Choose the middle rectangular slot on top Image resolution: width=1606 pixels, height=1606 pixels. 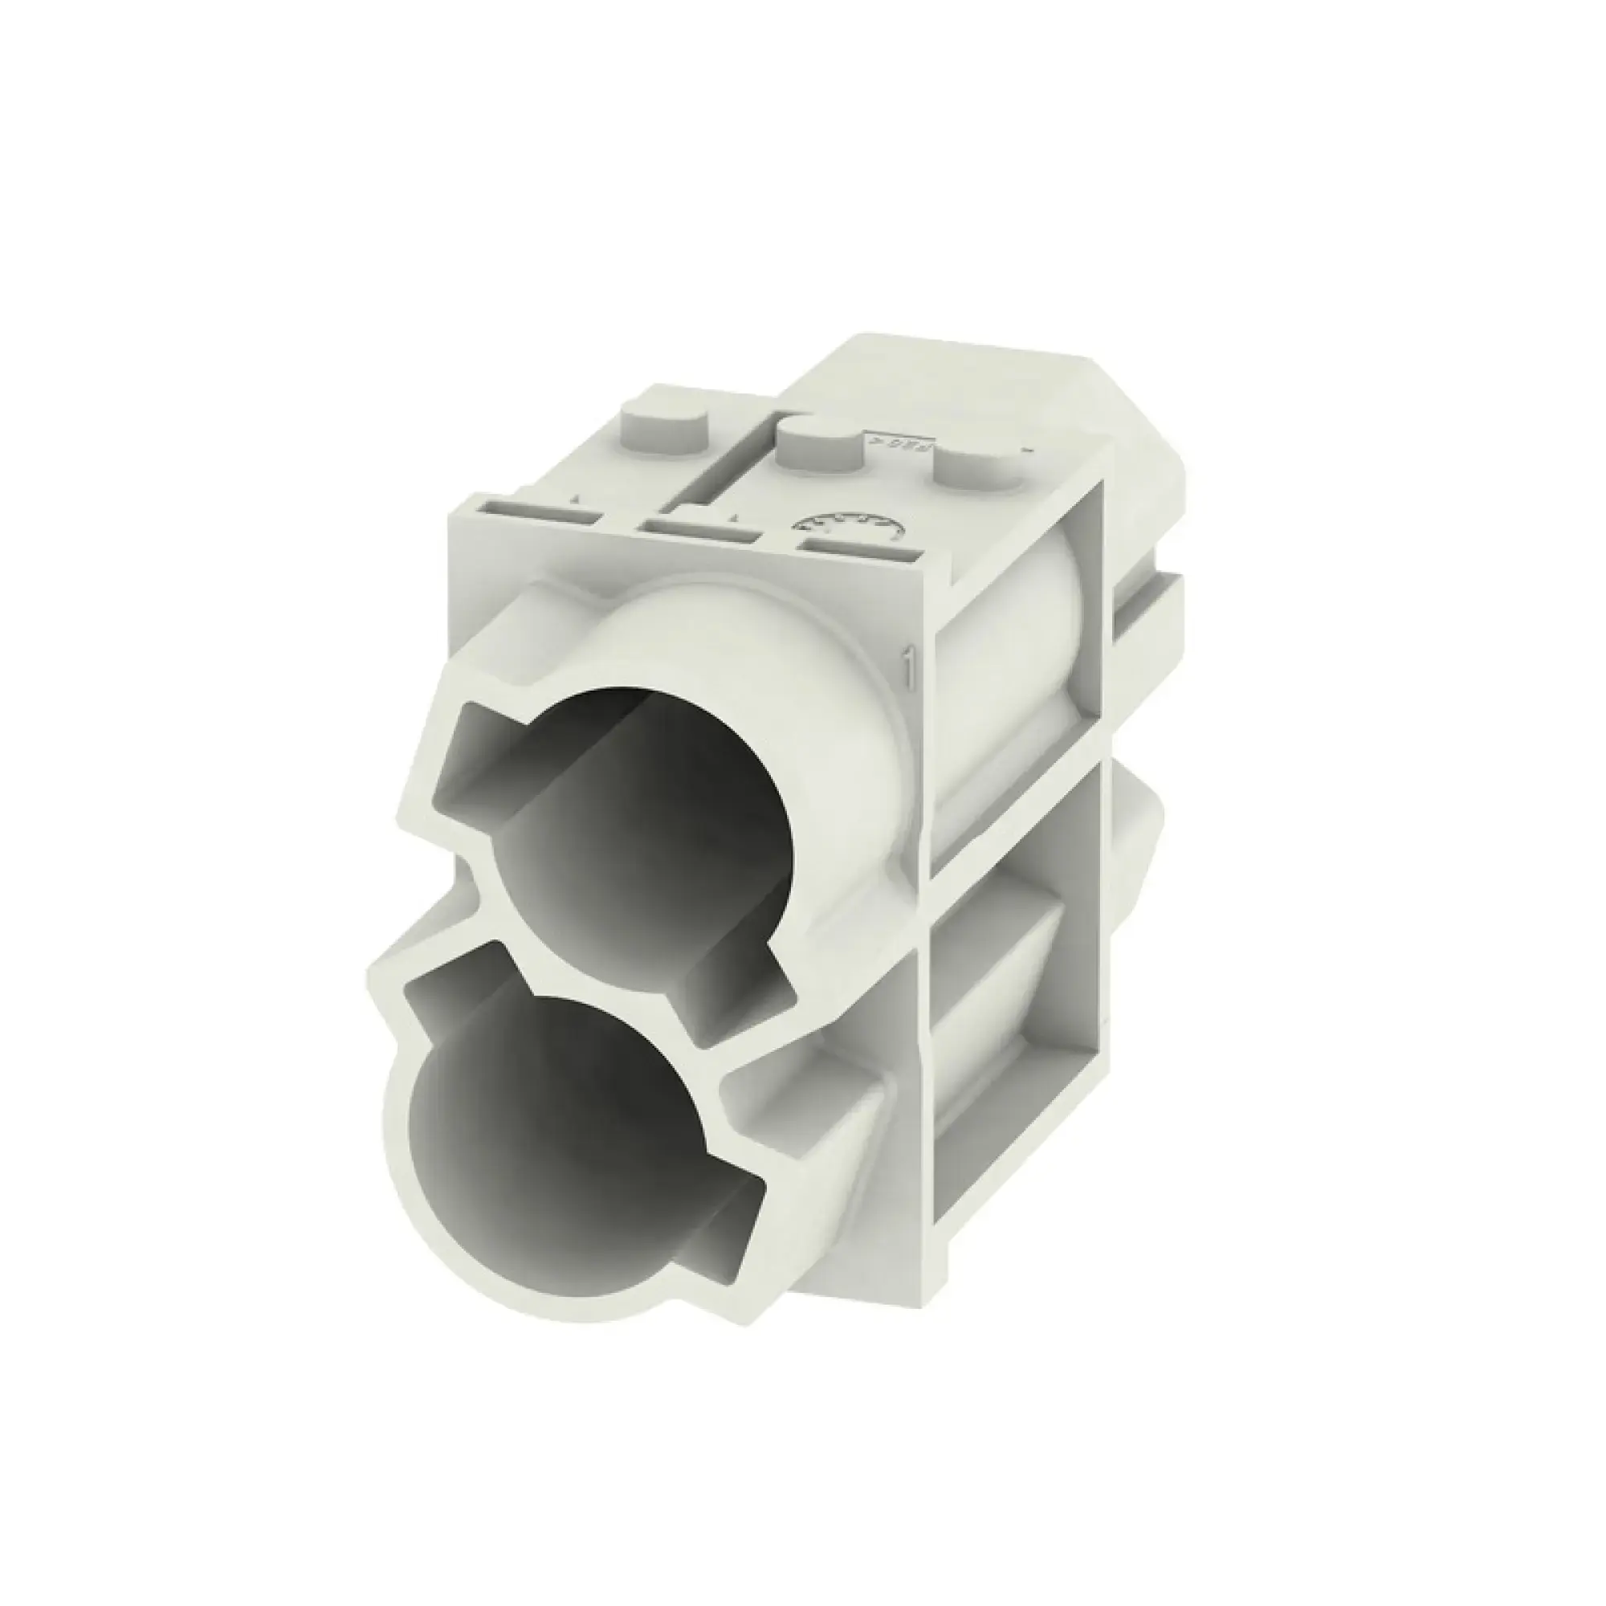coord(700,529)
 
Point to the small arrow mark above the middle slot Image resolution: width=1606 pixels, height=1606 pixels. coord(734,516)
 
